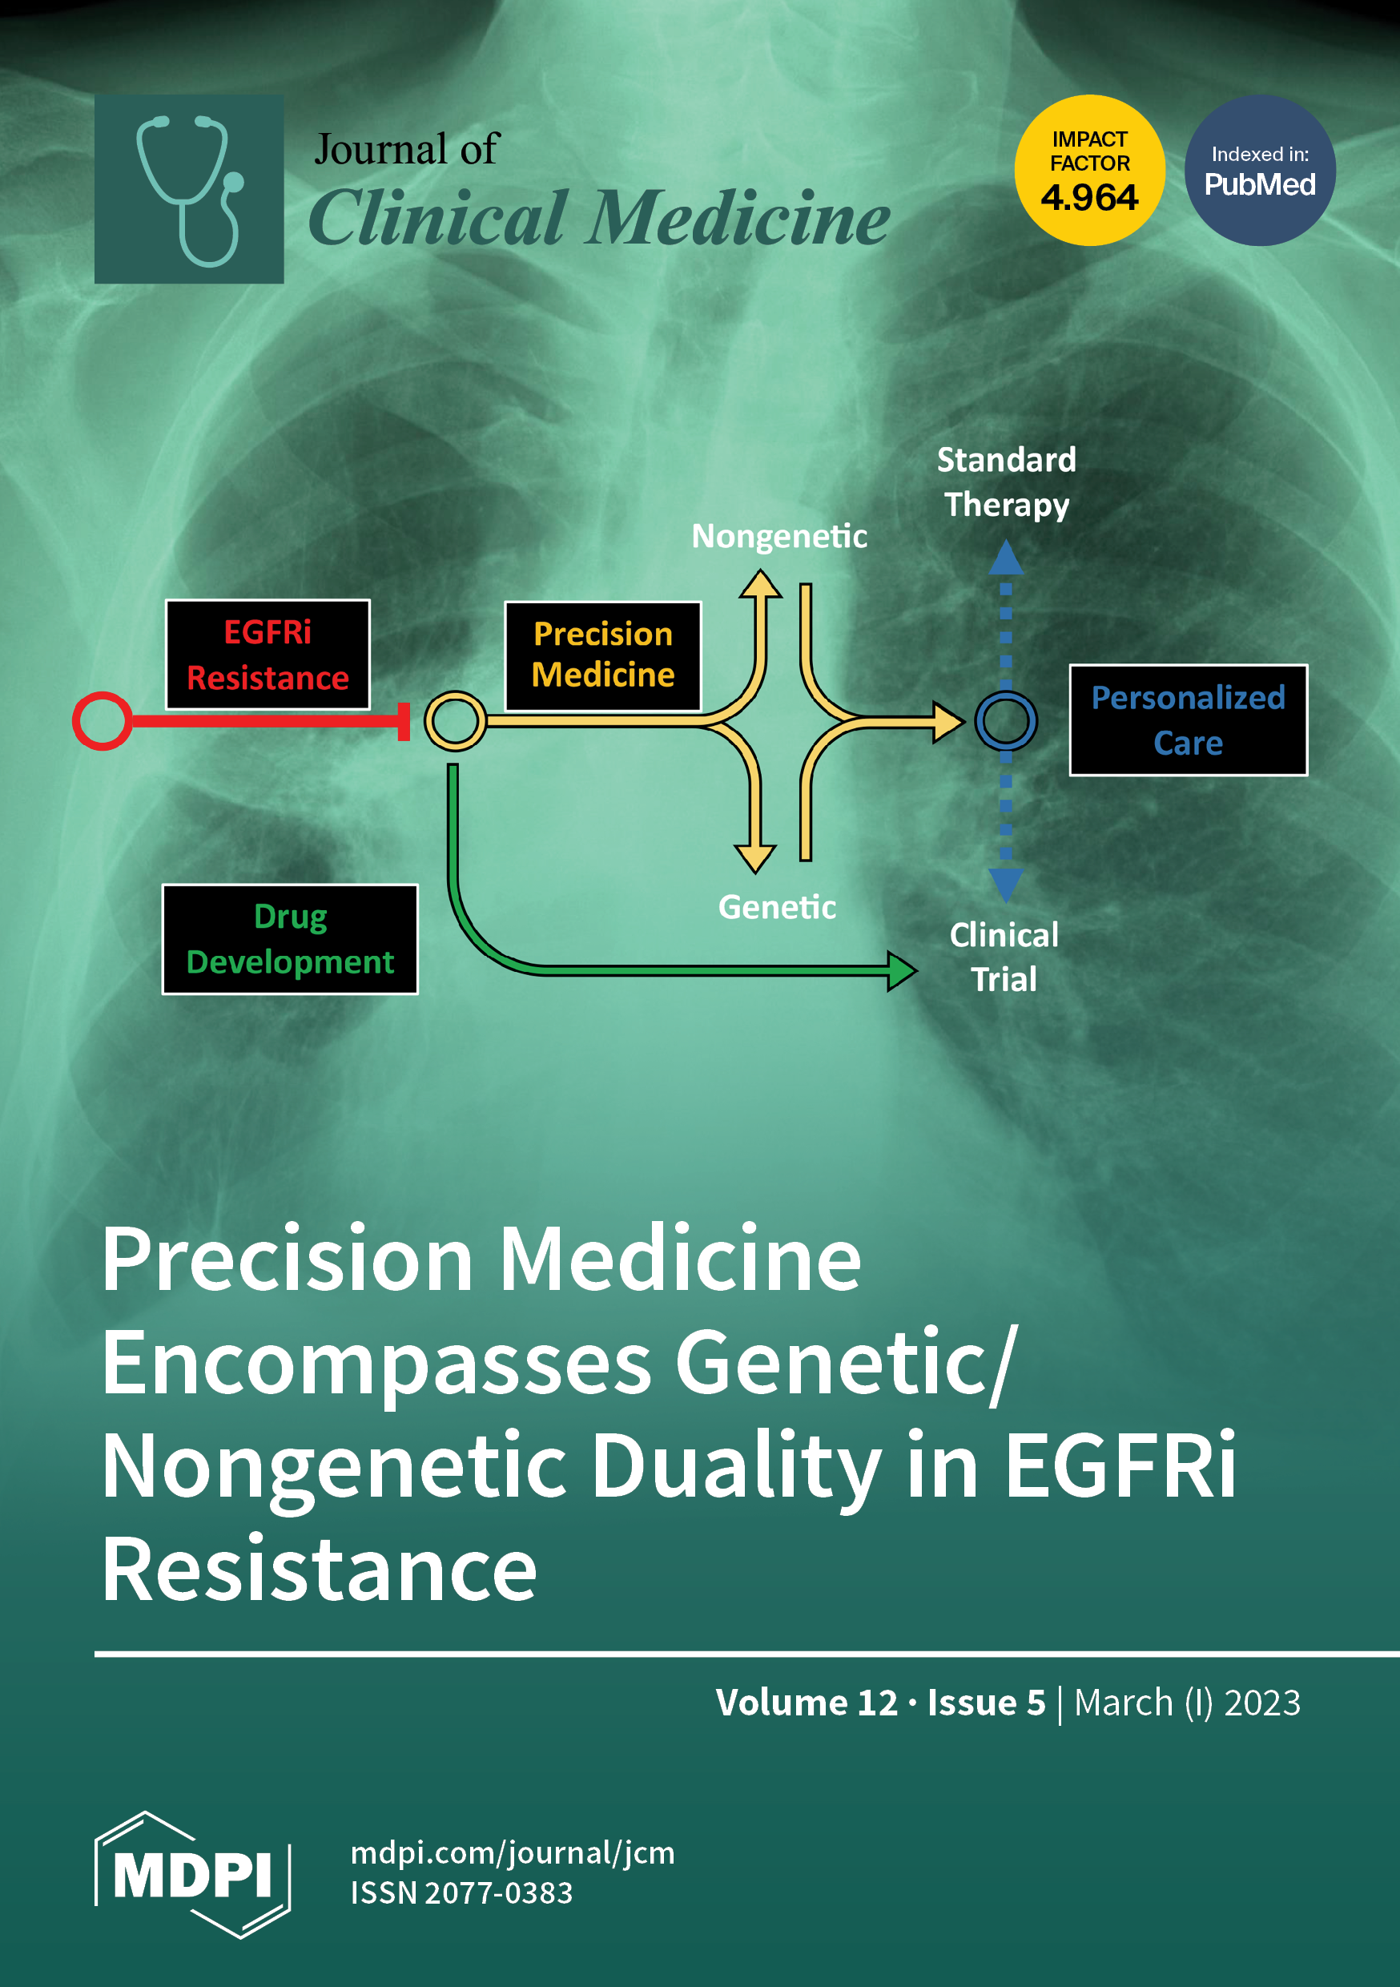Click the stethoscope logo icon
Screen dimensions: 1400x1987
[x=189, y=188]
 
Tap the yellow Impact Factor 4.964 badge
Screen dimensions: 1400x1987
[x=1088, y=171]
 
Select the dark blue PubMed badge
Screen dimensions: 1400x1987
[x=1259, y=171]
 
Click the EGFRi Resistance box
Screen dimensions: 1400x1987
[x=268, y=655]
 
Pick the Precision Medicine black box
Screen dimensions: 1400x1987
[x=602, y=655]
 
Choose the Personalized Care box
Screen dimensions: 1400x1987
[x=1187, y=720]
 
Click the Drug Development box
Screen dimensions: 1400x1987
[x=290, y=939]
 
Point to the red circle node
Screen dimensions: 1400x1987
[x=102, y=721]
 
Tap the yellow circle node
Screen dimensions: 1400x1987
[x=455, y=721]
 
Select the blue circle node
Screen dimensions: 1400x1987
[x=1005, y=721]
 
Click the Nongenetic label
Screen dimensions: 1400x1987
[x=778, y=537]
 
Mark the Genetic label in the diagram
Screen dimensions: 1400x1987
[x=777, y=907]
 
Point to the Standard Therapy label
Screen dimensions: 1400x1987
[x=1006, y=482]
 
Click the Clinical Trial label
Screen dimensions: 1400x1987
[x=1004, y=957]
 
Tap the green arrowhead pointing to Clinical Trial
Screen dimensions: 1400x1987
[x=901, y=971]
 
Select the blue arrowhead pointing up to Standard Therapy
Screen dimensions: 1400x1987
[x=1005, y=558]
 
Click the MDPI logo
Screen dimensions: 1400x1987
[x=192, y=1876]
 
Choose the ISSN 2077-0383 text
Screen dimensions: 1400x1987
[x=461, y=1893]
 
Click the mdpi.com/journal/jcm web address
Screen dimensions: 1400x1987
[x=513, y=1853]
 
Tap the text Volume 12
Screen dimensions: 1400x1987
[x=807, y=1703]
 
